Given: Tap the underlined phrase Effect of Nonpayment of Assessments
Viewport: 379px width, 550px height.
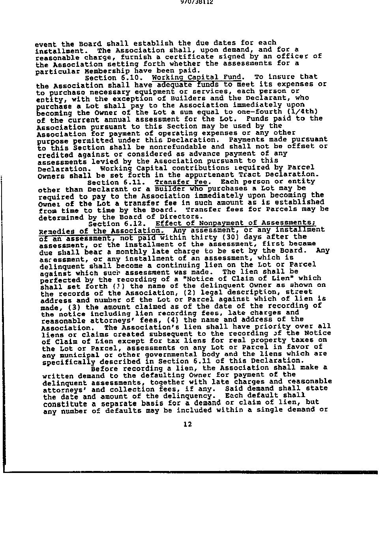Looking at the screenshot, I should pyautogui.click(x=235, y=223).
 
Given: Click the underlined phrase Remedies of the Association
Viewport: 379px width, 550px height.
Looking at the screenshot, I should pyautogui.click(x=100, y=231).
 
